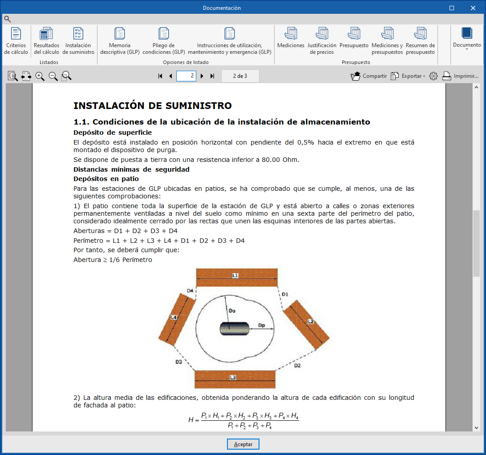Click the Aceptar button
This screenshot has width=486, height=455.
pos(243,444)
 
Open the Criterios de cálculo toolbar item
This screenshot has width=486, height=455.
pos(16,41)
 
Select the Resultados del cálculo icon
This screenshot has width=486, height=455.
pos(46,41)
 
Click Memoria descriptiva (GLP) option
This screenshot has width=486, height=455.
pos(120,41)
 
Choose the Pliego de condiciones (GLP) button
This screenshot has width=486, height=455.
pos(163,41)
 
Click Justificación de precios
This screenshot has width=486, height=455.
pos(322,41)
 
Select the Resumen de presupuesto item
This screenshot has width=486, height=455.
pos(420,41)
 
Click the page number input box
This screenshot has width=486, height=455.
pos(186,76)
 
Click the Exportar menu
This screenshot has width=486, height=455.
pos(408,76)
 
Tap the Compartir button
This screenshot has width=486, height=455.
pos(369,76)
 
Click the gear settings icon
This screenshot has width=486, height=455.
pos(433,76)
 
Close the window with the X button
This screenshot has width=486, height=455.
pos(473,8)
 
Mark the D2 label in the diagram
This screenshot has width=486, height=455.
pos(297,366)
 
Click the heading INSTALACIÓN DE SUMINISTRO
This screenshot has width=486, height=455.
pos(152,106)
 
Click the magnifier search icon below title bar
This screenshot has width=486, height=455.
pos(7,19)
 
